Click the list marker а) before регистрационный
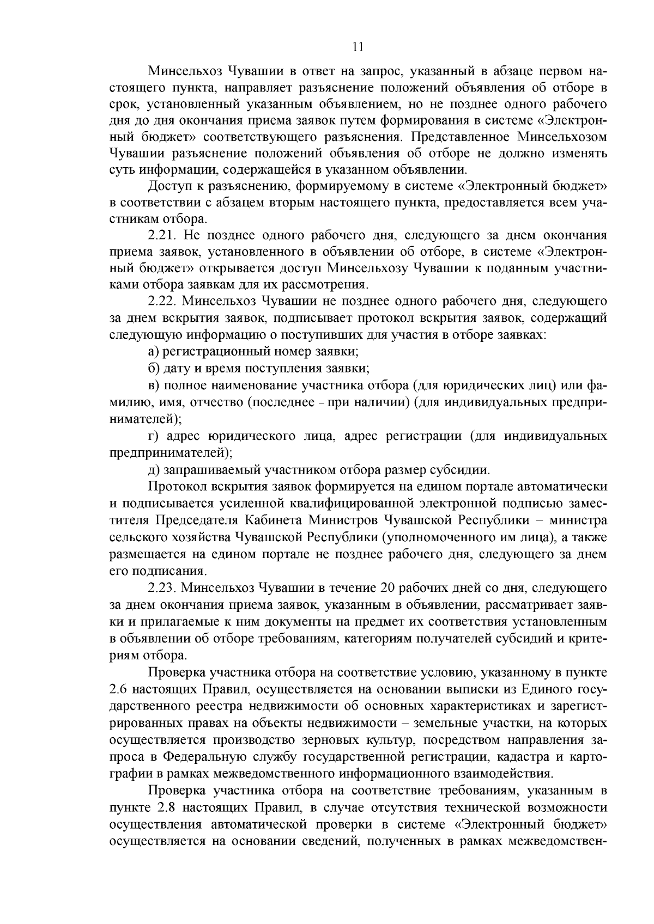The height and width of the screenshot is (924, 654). click(x=154, y=351)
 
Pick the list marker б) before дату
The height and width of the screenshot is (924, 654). click(x=154, y=368)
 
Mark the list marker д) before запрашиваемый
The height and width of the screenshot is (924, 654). click(x=154, y=469)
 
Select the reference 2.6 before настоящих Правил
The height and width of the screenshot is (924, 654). click(x=118, y=690)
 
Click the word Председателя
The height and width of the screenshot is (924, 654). click(x=199, y=520)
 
